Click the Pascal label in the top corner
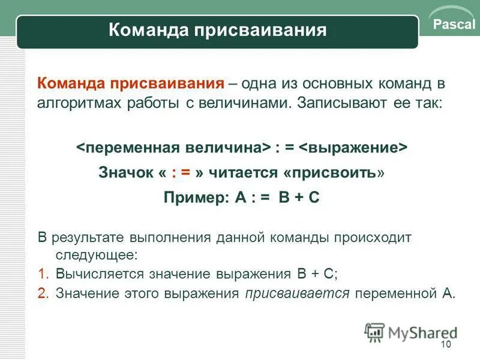click(453, 25)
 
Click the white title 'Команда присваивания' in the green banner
click(218, 30)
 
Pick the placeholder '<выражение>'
click(353, 148)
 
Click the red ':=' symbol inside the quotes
click(181, 173)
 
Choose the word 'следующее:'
click(97, 254)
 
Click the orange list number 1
click(42, 274)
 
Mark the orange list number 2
click(42, 293)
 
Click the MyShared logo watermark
click(411, 332)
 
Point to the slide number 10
click(445, 344)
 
